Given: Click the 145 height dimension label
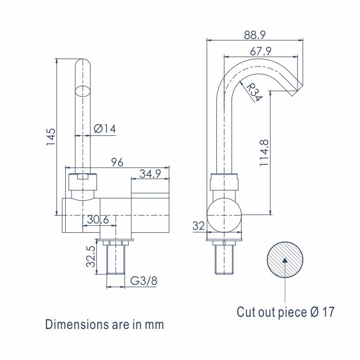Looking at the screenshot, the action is [51, 137].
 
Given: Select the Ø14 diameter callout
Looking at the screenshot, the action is [105, 129].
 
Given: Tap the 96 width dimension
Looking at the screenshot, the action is [117, 162].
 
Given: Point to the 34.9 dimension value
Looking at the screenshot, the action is [150, 174].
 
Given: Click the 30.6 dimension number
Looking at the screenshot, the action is [98, 220].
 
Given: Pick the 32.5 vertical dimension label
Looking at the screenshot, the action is [91, 256].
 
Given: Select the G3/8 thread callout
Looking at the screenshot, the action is [144, 280].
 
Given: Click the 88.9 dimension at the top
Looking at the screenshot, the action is [255, 35].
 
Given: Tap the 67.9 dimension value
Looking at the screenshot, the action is [261, 51].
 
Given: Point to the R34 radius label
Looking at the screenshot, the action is [254, 92].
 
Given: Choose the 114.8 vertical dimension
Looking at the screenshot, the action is [264, 153].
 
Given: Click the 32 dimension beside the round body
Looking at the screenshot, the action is [198, 226].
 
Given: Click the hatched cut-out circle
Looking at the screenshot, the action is [285, 260].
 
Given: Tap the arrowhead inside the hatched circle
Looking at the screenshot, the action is [285, 260].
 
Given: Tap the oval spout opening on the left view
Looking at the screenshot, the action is [83, 91].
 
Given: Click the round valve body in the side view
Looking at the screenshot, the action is [224, 215].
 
